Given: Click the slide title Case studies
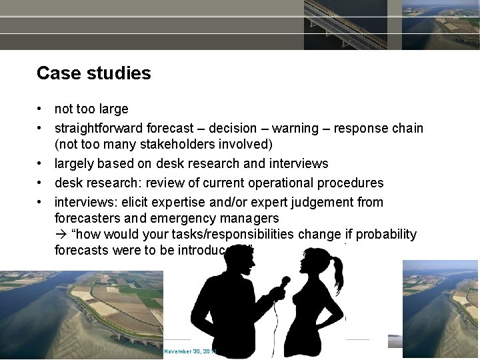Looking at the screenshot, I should click(94, 73).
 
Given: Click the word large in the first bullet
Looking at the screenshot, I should click(112, 109).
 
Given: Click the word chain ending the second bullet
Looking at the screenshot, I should click(406, 128).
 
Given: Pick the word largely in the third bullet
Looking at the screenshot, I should click(73, 163).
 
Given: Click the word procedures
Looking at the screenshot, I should click(351, 183).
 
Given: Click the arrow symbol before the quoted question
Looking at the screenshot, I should click(61, 235).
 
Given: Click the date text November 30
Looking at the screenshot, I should click(189, 351).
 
